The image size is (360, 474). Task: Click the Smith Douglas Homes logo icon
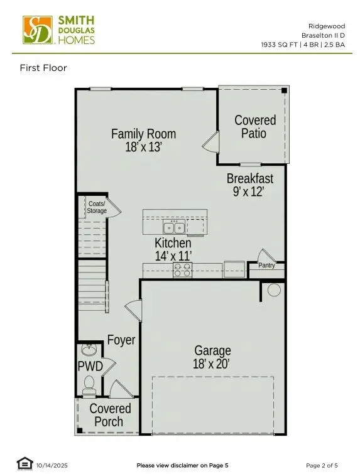(37, 30)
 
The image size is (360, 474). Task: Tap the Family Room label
(143, 134)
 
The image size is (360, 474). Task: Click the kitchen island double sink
(173, 227)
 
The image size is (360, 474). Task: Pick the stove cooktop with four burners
(182, 270)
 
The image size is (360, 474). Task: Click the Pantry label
(267, 266)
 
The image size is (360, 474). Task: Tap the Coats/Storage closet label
(97, 207)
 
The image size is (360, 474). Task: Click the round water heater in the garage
(274, 290)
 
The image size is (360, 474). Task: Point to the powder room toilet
(89, 383)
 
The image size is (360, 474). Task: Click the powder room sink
(88, 349)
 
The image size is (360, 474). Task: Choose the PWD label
(90, 366)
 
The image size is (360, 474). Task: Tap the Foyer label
(121, 340)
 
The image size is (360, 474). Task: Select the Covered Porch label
(110, 415)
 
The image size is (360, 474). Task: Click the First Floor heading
(43, 68)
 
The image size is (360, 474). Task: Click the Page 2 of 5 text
(323, 465)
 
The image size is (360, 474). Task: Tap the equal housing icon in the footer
(25, 463)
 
